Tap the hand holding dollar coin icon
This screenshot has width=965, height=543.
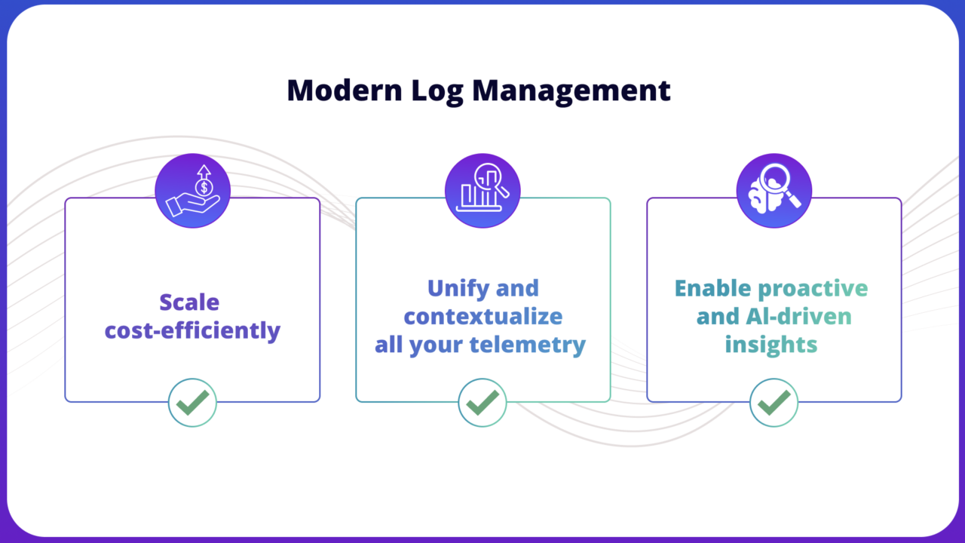coord(192,192)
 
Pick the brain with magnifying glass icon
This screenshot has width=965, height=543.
coord(774,192)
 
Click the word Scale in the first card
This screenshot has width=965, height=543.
coord(189,302)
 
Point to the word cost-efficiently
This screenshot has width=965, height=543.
coord(192,330)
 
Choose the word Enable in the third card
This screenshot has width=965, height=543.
coord(712,288)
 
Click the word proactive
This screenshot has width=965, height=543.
coord(813,288)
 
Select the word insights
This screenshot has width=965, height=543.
coord(770,345)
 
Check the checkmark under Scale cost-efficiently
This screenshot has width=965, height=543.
coord(192,403)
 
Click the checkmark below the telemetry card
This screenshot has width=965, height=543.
coord(482,403)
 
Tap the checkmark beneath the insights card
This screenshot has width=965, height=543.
coord(774,403)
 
